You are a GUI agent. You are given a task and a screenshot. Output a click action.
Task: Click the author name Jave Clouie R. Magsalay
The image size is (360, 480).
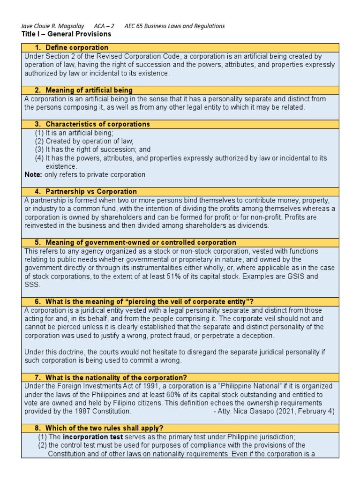tap(54, 26)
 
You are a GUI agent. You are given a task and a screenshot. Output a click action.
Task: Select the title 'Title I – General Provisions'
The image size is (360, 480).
tap(66, 34)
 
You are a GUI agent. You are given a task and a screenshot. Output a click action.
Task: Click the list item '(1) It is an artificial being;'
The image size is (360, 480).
tap(74, 133)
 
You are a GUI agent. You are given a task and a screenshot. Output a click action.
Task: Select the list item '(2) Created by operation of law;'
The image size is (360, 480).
tap(84, 141)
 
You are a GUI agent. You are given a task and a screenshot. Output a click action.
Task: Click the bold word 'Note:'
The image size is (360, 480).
tap(33, 175)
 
